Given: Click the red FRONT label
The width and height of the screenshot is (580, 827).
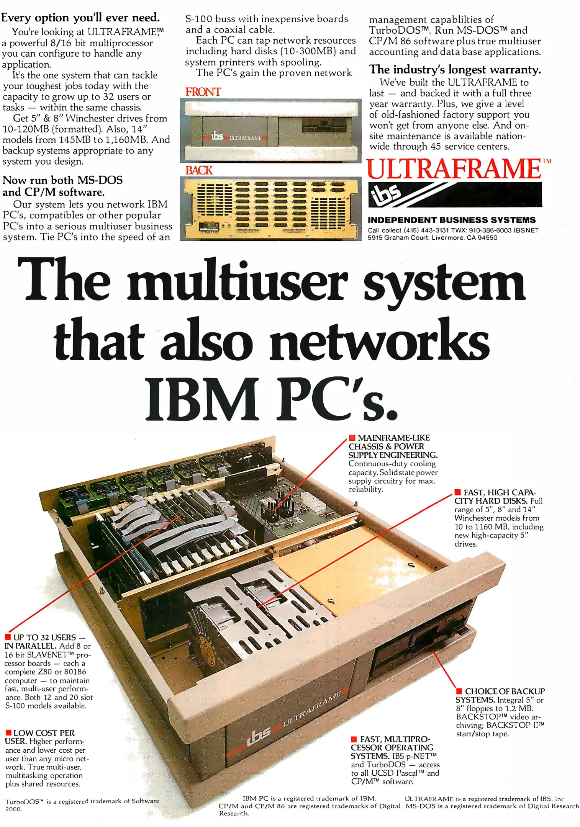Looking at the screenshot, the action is [203, 92].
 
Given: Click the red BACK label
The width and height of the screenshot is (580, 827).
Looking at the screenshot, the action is [199, 170].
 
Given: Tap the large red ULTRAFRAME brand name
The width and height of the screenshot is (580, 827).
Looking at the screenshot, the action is [454, 169].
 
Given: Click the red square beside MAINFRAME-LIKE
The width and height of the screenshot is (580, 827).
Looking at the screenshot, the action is [352, 438].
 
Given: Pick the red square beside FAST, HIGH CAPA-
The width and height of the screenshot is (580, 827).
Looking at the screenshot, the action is [457, 492].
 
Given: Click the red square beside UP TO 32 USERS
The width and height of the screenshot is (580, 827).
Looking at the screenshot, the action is [8, 637].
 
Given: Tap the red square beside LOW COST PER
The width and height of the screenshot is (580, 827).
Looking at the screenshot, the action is [8, 732].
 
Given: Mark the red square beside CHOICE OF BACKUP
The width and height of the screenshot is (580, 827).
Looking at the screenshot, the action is [459, 691].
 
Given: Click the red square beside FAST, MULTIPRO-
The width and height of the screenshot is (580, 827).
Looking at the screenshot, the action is [354, 739].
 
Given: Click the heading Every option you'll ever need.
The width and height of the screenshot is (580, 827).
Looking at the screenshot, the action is [80, 18].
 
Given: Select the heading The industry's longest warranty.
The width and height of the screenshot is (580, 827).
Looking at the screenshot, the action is [455, 70].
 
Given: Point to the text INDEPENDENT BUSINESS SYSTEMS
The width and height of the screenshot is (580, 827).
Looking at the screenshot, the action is [452, 220].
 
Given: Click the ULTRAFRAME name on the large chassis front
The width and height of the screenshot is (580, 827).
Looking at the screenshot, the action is [311, 708].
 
